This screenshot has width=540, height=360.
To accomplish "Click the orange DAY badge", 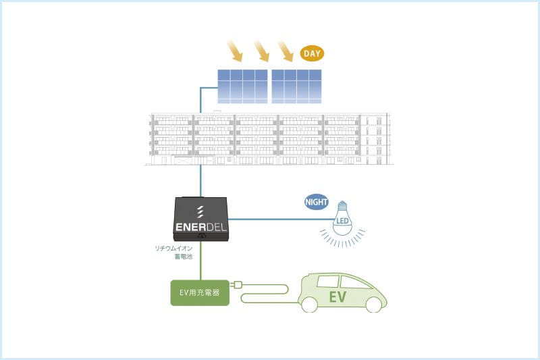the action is click(312, 53).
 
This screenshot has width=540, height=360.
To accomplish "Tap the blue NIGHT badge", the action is click(317, 202).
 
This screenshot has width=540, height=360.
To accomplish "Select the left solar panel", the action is click(242, 86).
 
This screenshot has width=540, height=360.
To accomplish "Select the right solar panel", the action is click(296, 86).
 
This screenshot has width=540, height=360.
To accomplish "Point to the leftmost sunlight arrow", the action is click(235, 51).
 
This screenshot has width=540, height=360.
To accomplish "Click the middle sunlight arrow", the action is click(261, 51).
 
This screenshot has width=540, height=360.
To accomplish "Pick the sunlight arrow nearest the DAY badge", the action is click(286, 51).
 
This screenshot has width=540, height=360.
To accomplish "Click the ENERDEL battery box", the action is click(200, 219).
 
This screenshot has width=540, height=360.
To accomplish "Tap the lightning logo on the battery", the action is click(200, 212).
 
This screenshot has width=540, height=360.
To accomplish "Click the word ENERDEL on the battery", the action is click(200, 227).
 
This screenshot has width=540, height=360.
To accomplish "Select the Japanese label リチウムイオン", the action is click(173, 249).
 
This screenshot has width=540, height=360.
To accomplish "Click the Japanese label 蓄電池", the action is click(184, 257).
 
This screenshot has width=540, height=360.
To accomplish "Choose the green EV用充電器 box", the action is click(200, 293).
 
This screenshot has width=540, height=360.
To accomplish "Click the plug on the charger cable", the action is click(236, 285).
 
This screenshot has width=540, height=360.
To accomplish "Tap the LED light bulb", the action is click(342, 218).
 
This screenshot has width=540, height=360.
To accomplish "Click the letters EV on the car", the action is click(337, 297).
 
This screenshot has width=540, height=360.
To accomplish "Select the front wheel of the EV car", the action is click(374, 305).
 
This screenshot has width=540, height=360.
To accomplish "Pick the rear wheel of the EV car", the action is click(308, 305).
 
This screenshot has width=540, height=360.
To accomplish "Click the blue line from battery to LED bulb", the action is click(281, 219).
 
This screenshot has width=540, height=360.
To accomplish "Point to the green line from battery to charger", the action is click(200, 261).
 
